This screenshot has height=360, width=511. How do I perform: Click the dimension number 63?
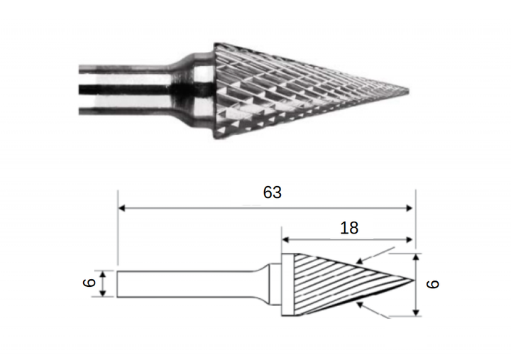272,192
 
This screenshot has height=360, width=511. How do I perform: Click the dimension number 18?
349,228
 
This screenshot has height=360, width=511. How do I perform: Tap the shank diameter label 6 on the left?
89,283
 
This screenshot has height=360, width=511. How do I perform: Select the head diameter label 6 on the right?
432,284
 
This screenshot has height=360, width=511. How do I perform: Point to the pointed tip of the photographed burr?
408,90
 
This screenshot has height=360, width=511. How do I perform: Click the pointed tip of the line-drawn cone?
414,280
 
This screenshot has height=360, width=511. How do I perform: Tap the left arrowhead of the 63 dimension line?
121,208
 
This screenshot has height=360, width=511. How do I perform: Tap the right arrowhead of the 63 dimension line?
410,208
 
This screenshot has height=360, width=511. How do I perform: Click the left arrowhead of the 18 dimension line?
285,240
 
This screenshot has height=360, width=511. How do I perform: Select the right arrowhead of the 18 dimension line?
410,240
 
